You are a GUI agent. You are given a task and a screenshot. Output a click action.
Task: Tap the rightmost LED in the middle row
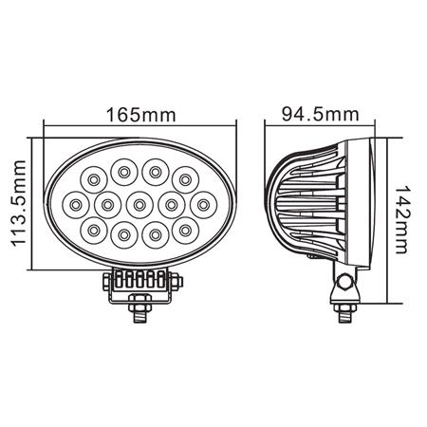coord(201,203)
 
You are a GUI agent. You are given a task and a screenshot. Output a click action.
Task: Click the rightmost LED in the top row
coord(184,176)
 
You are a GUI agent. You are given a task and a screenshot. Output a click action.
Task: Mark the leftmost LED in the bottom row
coord(94,229)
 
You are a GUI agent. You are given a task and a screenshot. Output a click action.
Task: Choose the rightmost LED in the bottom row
coord(184,229)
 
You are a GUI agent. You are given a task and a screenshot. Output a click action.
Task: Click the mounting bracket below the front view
coord(139,281)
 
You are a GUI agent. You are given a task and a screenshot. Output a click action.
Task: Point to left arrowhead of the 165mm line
coord(50,127)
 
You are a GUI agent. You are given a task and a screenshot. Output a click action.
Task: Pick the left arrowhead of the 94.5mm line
coord(269,127)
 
